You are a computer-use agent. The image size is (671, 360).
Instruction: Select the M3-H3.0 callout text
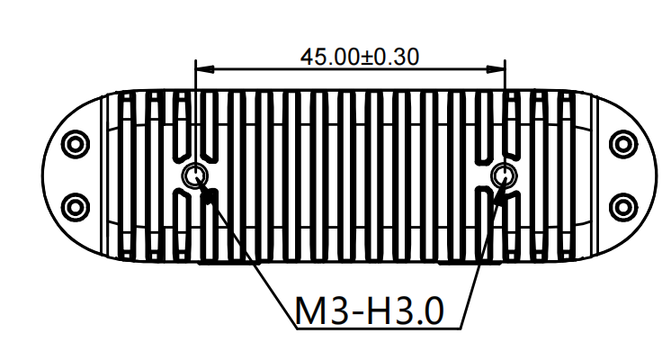pyautogui.click(x=369, y=311)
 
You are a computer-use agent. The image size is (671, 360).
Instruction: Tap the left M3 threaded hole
pyautogui.click(x=194, y=175)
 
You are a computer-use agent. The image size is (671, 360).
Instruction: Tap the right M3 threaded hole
pyautogui.click(x=505, y=175)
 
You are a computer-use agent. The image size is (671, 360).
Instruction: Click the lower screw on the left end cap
pyautogui.click(x=75, y=206)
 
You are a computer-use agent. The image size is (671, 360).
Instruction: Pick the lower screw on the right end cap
pyautogui.click(x=622, y=206)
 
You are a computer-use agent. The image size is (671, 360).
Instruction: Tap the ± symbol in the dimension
pyautogui.click(x=367, y=56)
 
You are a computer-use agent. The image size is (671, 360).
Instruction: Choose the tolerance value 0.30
pyautogui.click(x=396, y=56)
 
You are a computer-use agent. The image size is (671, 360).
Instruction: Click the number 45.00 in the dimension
pyautogui.click(x=329, y=56)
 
